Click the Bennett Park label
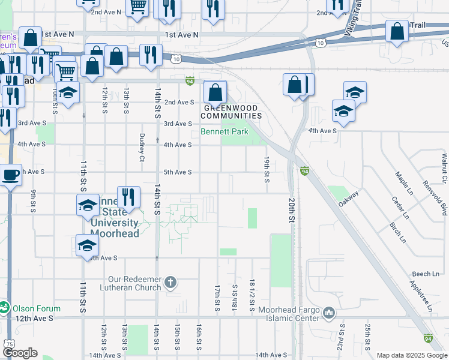click(224, 131)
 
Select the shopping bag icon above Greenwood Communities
click(215, 93)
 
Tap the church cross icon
click(171, 282)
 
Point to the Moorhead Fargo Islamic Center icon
click(330, 313)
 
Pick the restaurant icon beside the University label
click(128, 197)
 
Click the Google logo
click(20, 353)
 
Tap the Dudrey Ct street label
click(142, 147)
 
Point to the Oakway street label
click(348, 199)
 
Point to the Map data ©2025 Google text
click(411, 355)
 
